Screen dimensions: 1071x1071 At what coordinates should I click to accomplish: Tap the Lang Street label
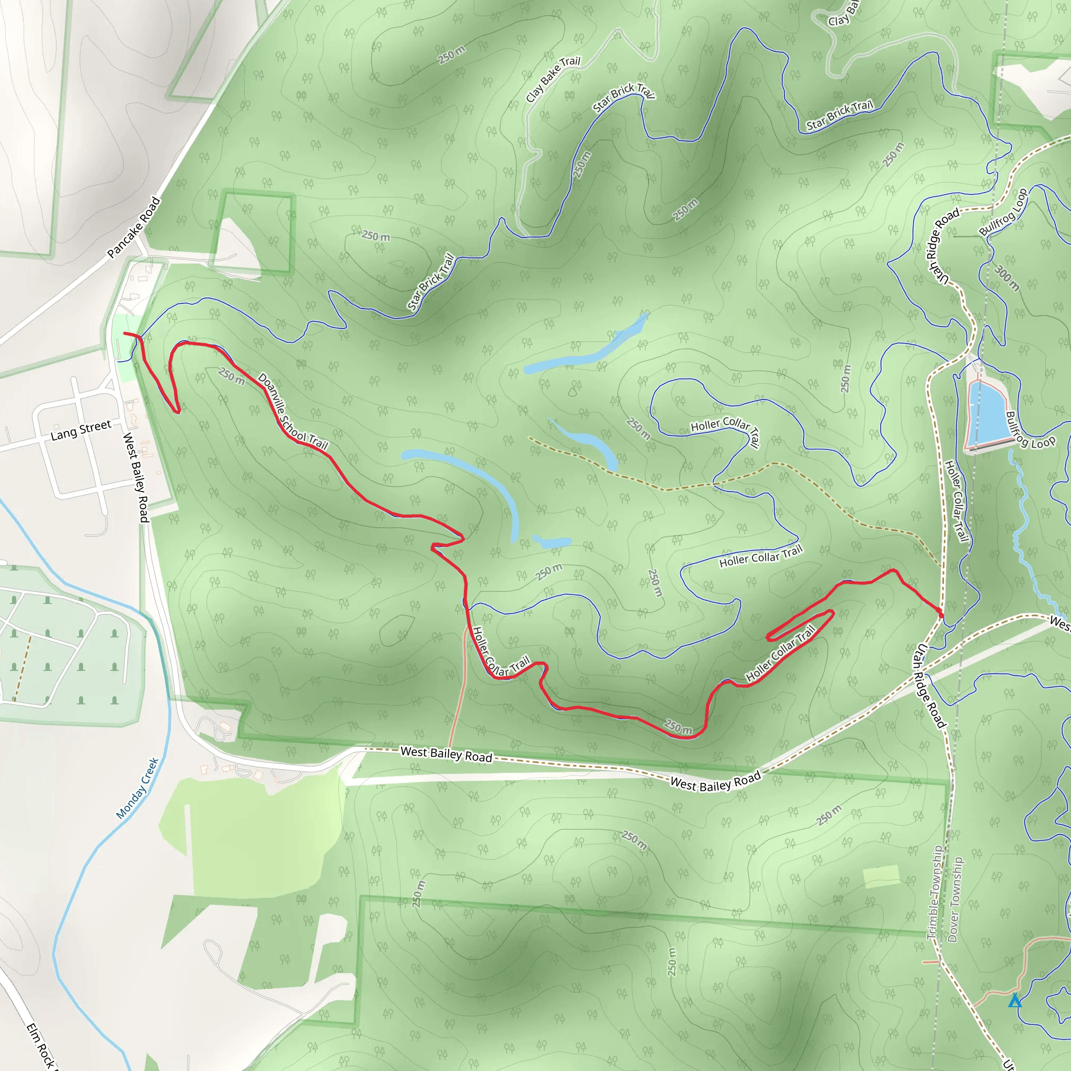pyautogui.click(x=81, y=430)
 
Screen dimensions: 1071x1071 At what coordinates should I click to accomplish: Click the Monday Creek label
pyautogui.click(x=138, y=788)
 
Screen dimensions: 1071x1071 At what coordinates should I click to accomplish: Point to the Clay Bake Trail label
pyautogui.click(x=553, y=79)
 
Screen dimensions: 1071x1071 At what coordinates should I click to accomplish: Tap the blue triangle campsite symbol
pyautogui.click(x=1015, y=1000)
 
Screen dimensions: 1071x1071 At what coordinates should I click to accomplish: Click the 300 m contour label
pyautogui.click(x=1007, y=278)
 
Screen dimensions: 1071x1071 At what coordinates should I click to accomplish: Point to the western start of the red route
pyautogui.click(x=126, y=333)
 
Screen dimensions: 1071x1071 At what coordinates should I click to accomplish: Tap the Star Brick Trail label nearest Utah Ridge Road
pyautogui.click(x=839, y=115)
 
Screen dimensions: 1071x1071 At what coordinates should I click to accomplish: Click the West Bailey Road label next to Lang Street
pyautogui.click(x=136, y=477)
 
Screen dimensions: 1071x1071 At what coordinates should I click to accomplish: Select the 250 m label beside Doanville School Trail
pyautogui.click(x=231, y=377)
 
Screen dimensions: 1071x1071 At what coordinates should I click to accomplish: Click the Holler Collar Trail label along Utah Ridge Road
pyautogui.click(x=956, y=500)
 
